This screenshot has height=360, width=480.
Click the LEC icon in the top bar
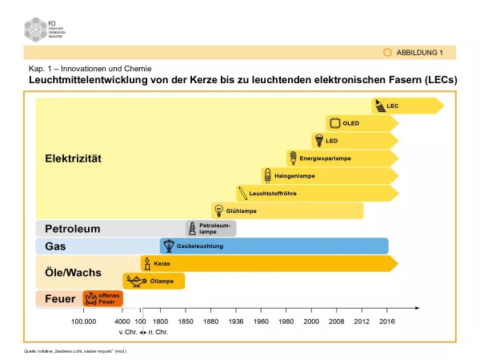tap(379, 106)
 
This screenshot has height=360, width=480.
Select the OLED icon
tap(333, 123)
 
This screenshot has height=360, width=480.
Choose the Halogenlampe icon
tap(267, 175)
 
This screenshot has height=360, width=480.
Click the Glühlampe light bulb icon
tap(217, 210)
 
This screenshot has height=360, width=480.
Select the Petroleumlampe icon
tap(192, 229)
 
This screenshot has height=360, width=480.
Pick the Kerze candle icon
tap(147, 263)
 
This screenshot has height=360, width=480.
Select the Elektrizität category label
tap(73, 158)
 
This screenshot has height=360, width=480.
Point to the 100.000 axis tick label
tap(84, 321)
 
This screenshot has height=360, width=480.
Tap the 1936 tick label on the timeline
tap(236, 321)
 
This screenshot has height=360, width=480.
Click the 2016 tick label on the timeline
tap(387, 321)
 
